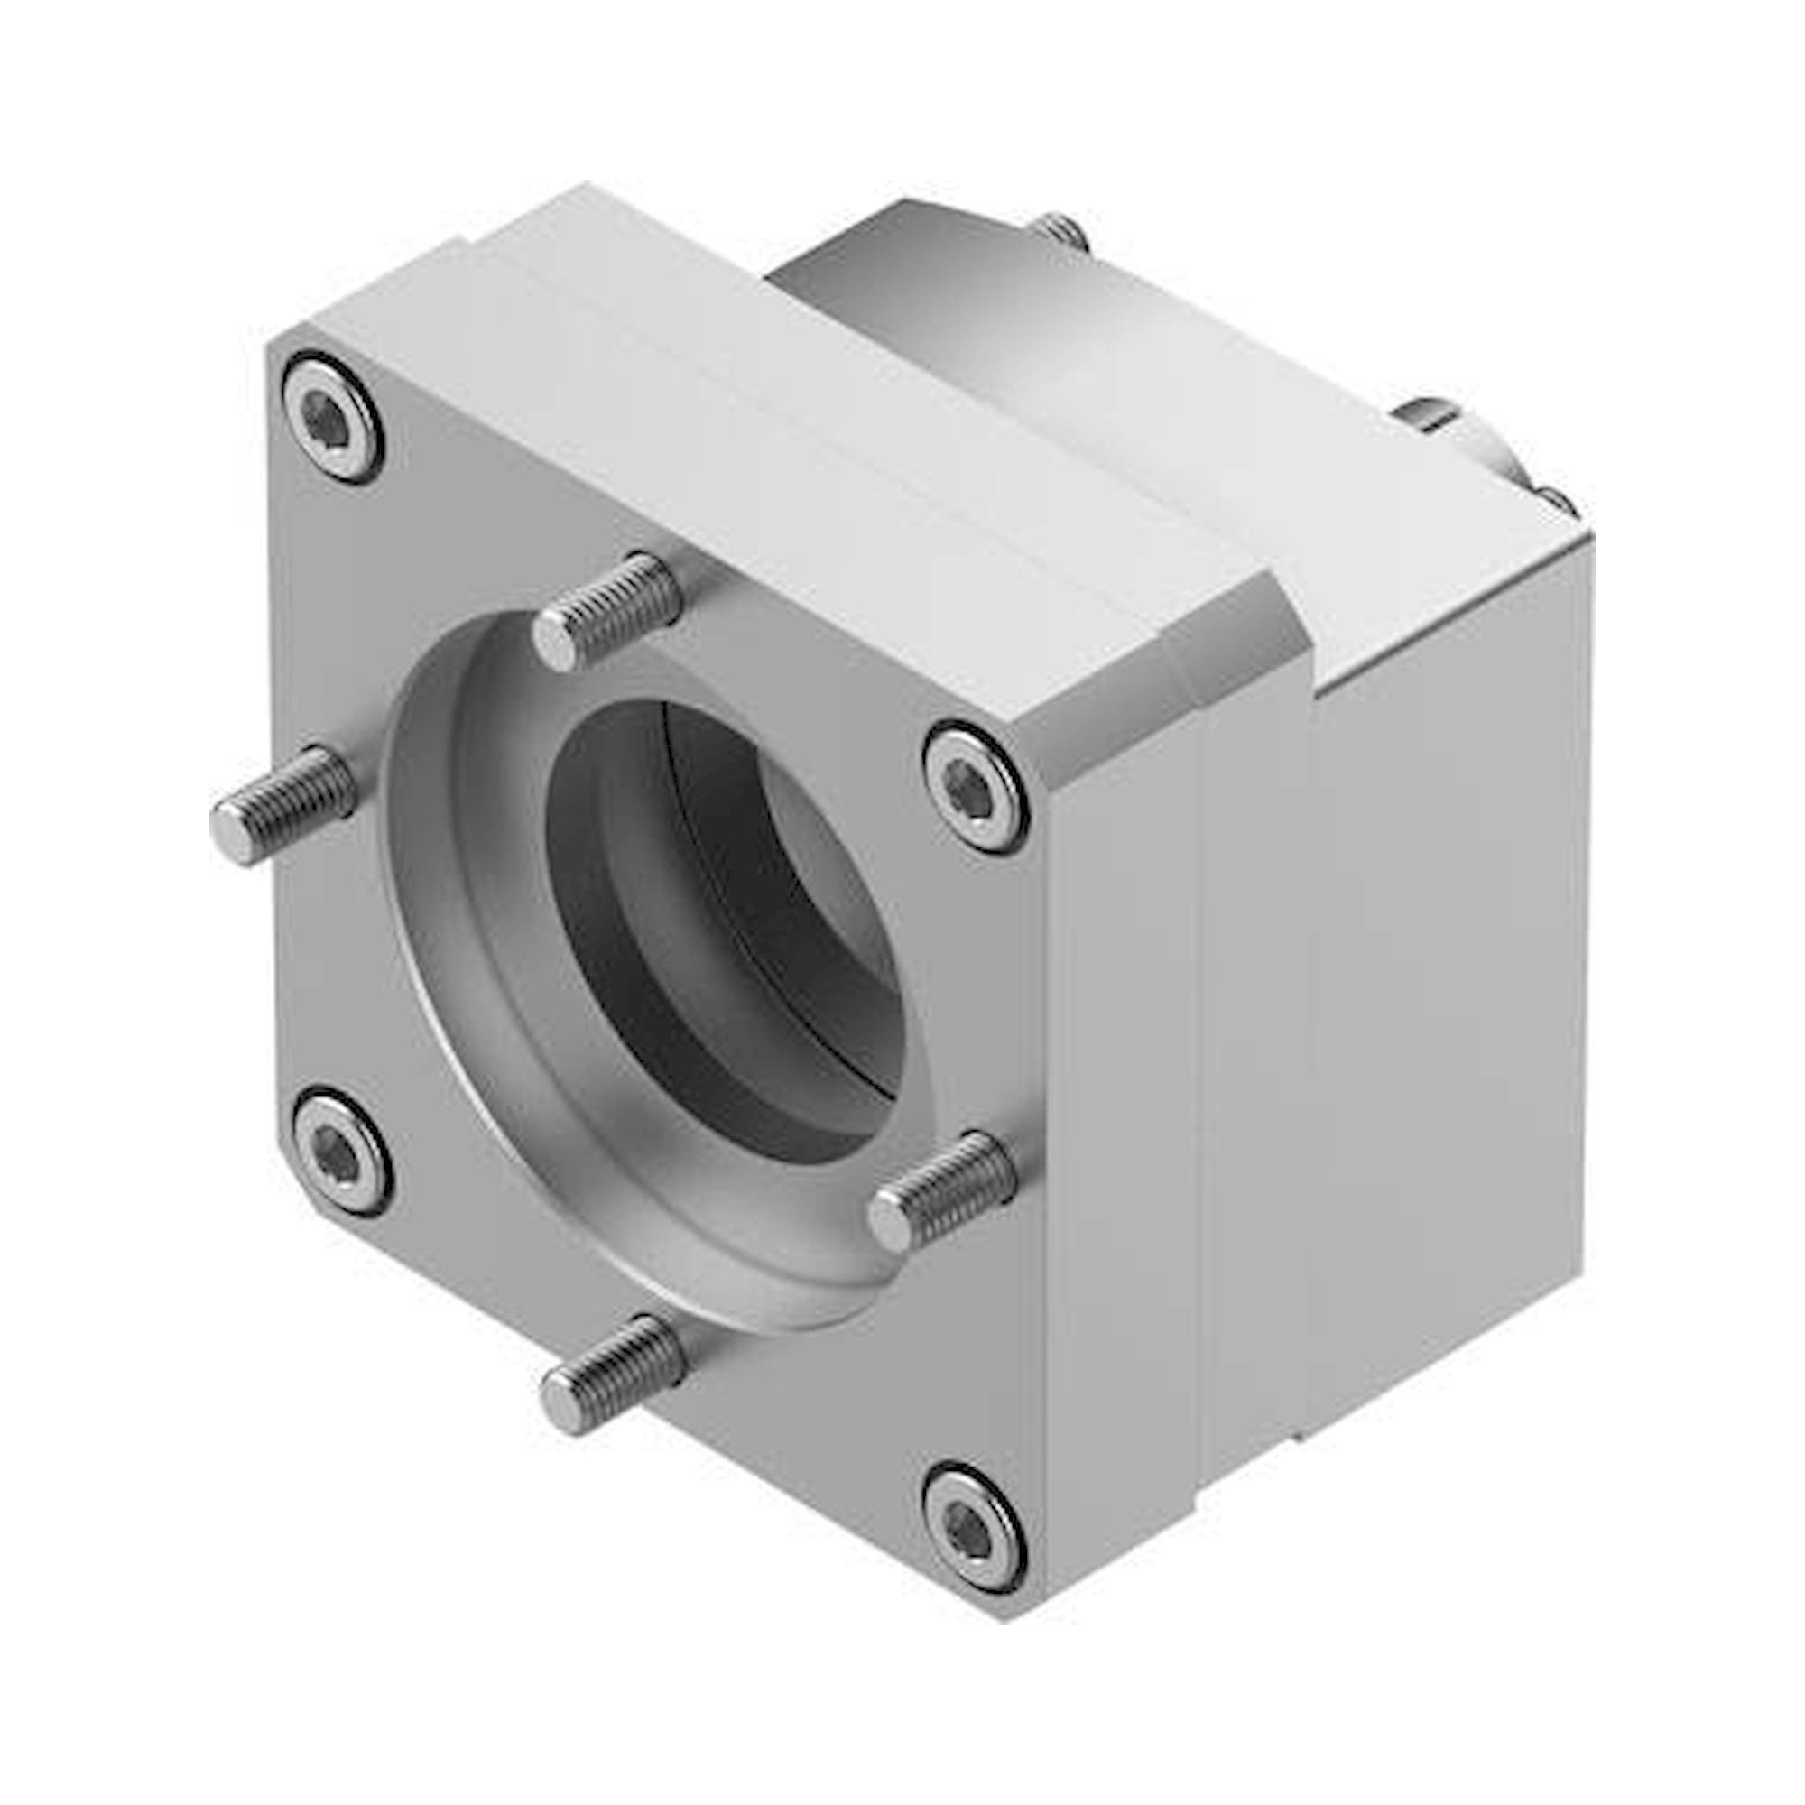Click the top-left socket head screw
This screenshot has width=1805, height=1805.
[x=334, y=417]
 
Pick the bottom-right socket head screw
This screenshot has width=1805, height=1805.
[x=975, y=1530]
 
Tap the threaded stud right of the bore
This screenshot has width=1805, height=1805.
[x=944, y=1191]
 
